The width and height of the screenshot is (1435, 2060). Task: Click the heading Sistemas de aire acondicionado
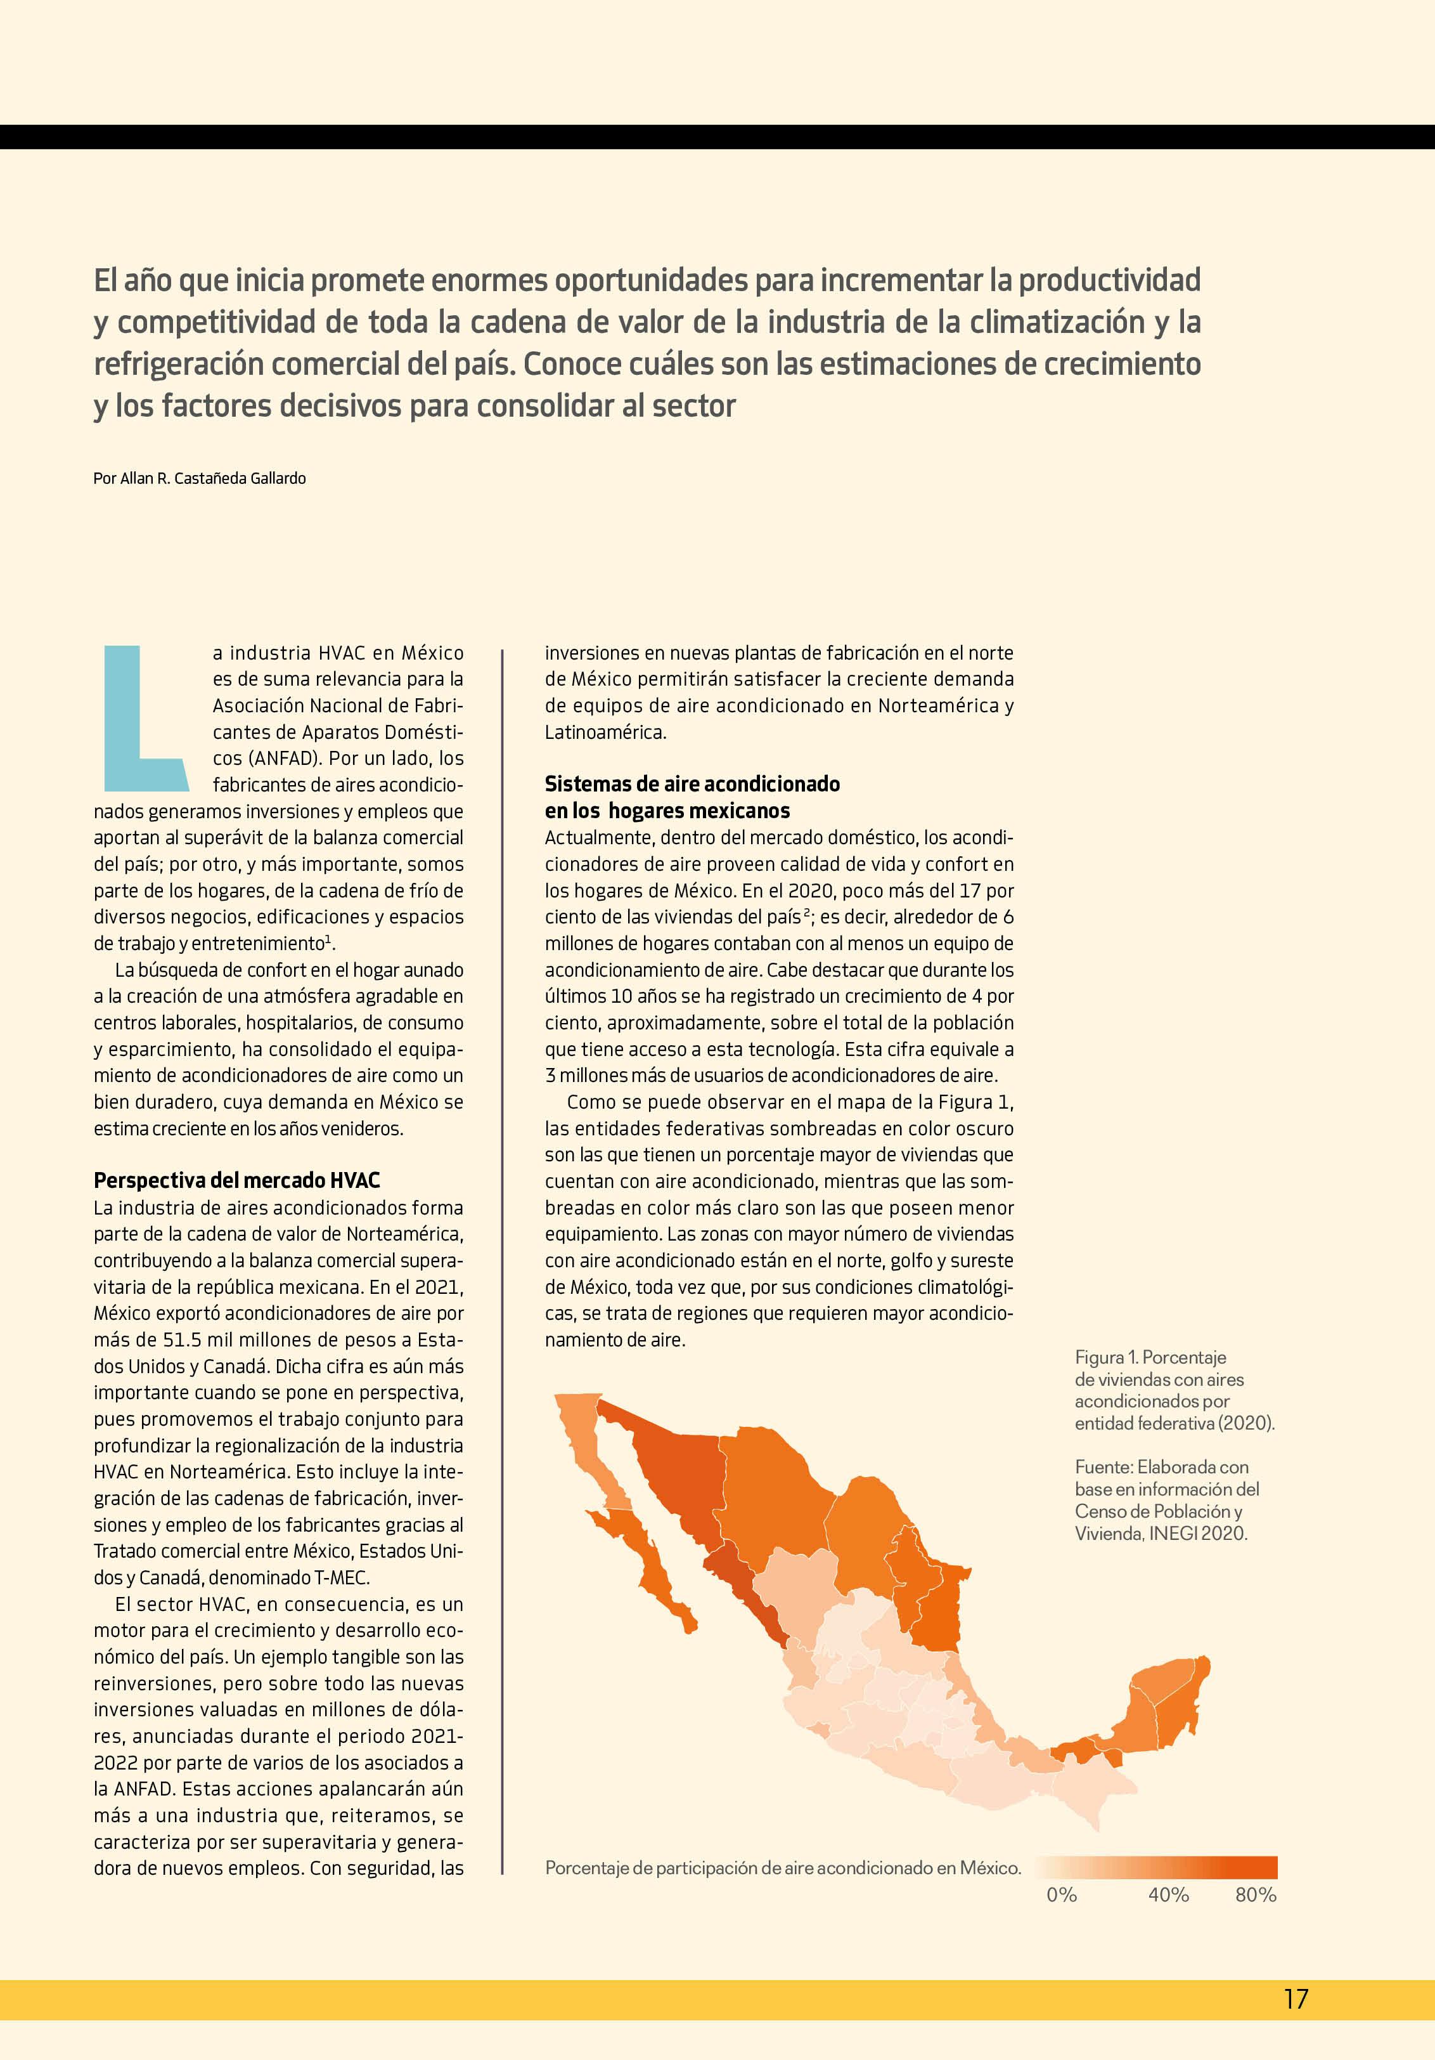click(692, 783)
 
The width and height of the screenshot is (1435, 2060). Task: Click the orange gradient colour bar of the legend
click(1157, 1867)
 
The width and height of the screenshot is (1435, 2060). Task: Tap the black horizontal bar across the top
click(717, 136)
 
